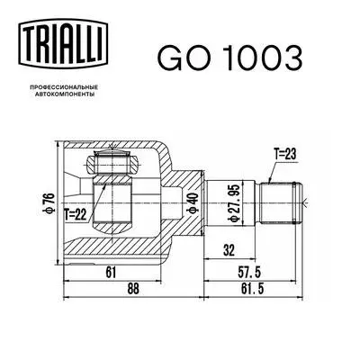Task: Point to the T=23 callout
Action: click(x=287, y=154)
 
